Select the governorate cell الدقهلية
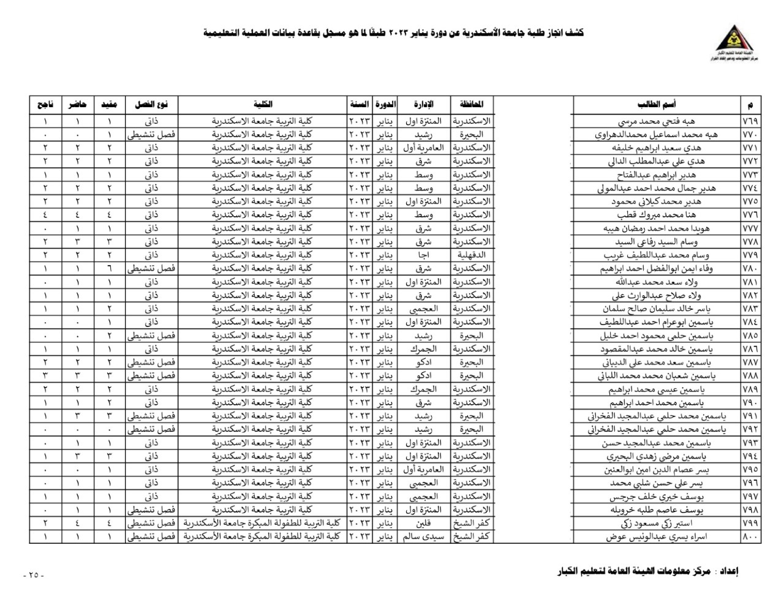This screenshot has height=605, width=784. pyautogui.click(x=471, y=255)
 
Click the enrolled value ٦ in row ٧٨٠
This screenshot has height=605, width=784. pyautogui.click(x=110, y=268)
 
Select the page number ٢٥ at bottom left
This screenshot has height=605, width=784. pyautogui.click(x=33, y=575)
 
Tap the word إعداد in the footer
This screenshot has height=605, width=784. pyautogui.click(x=728, y=571)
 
